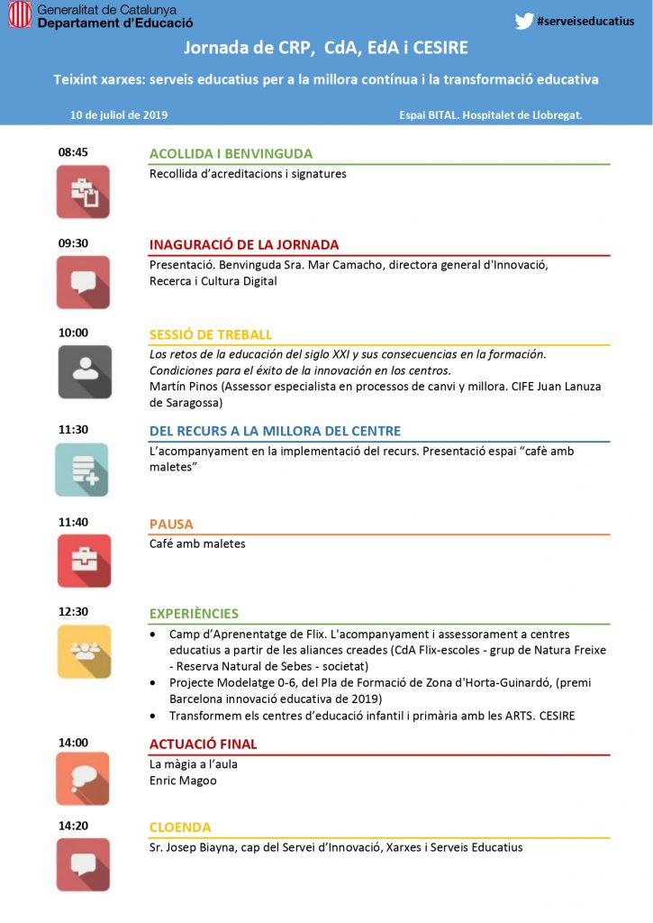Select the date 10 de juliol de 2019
click(119, 115)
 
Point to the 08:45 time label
click(73, 152)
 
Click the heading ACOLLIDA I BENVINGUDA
click(231, 154)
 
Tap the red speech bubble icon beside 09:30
click(83, 282)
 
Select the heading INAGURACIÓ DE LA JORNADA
click(244, 244)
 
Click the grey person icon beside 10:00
click(84, 371)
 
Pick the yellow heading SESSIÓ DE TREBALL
click(211, 334)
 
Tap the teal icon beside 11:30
click(82, 469)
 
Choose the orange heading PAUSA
click(171, 524)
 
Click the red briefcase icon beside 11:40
click(83, 560)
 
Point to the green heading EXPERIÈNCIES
click(194, 613)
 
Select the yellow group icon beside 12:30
click(83, 651)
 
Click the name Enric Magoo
click(183, 781)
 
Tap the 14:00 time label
click(73, 743)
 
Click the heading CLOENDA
click(180, 827)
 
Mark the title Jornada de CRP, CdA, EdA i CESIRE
click(326, 47)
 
